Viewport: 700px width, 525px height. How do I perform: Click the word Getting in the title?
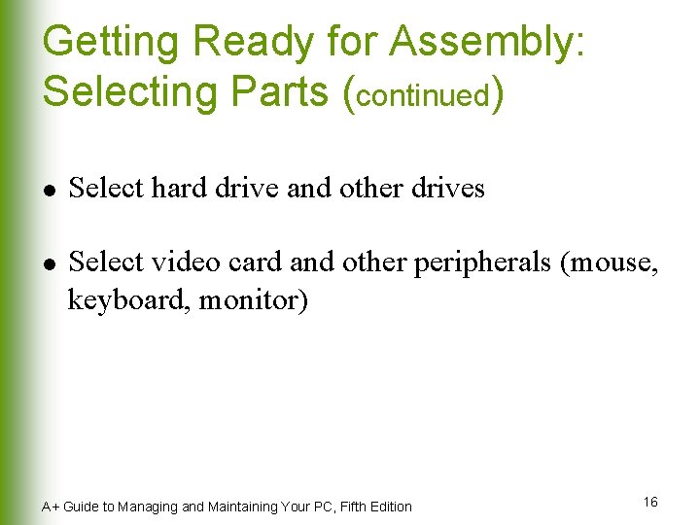(x=110, y=43)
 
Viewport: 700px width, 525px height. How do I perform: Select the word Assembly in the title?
(x=485, y=43)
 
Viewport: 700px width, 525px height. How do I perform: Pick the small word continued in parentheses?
(x=424, y=95)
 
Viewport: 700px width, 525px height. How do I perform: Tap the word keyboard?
(x=128, y=300)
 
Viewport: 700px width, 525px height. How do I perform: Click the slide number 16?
(x=650, y=502)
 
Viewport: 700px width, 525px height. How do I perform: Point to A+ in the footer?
(x=50, y=507)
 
